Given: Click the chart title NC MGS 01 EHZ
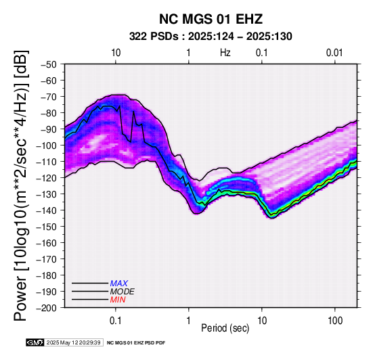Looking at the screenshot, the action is coord(211,19).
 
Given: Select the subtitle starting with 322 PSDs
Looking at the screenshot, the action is coord(211,37).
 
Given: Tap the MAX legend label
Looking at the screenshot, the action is coord(119,284).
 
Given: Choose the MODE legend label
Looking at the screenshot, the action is coord(123,292).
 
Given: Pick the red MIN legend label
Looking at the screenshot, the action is coord(118,300).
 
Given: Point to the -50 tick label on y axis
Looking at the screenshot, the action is coord(49,64).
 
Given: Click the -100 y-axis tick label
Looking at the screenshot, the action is coord(47,145).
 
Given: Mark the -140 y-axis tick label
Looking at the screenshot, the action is coord(47,210).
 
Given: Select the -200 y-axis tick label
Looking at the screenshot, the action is coord(47,308).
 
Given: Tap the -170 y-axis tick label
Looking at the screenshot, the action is coord(47,259).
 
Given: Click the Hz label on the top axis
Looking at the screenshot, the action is coord(225,53).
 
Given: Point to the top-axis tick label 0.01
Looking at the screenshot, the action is coord(334,53).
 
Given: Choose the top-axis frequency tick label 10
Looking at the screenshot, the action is coord(116,53).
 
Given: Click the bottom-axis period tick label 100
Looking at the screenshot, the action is coord(335,321).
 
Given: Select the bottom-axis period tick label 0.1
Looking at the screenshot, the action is coord(116,321).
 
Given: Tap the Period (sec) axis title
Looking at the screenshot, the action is coord(225,328).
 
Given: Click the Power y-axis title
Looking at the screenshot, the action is coord(20,185).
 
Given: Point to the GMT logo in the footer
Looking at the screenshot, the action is coord(35,342).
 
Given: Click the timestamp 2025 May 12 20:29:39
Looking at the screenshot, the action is coord(73,342).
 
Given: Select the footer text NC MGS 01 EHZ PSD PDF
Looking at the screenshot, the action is coord(136,343).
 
